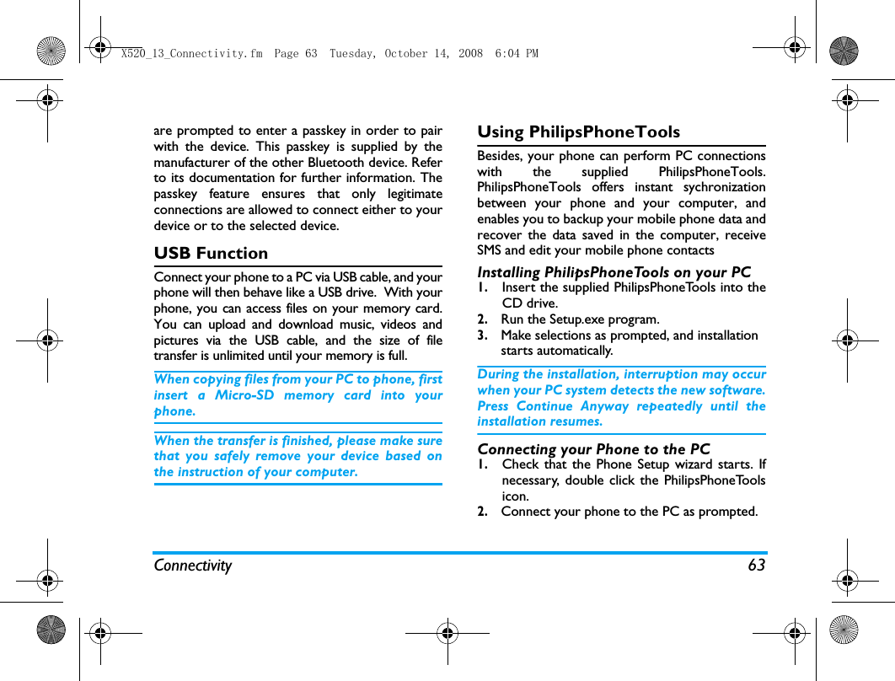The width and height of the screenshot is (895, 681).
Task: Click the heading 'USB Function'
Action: point(211,253)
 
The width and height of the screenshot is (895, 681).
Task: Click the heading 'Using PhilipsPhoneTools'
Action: point(578,132)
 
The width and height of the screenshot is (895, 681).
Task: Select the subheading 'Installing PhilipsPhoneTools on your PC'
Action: point(614,272)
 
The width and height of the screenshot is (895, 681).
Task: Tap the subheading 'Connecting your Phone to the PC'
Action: point(593,449)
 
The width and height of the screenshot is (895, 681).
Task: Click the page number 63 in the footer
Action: point(756,566)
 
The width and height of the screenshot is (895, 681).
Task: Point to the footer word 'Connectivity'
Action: point(192,566)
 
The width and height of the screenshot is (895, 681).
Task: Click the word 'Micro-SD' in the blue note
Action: point(245,395)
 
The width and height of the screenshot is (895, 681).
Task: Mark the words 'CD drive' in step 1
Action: point(528,303)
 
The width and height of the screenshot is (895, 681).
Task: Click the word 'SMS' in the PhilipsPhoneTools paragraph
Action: point(489,250)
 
